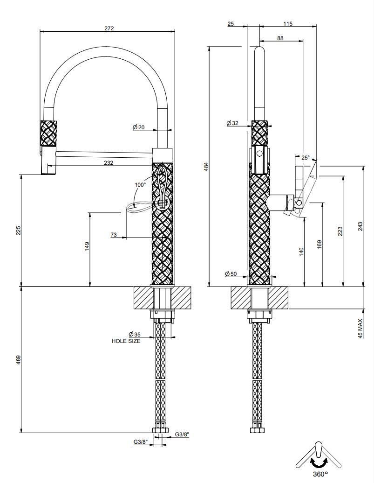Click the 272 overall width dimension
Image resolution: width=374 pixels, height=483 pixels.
(x=109, y=28)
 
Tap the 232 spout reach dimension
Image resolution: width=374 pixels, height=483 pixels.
(x=109, y=163)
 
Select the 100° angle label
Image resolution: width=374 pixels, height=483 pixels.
(x=140, y=185)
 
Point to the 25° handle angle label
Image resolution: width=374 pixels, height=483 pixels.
(x=306, y=157)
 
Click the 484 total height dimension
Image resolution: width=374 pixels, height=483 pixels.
(x=207, y=167)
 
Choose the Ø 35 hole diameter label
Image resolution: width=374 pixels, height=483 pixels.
(x=134, y=334)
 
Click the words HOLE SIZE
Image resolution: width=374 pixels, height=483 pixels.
(x=126, y=341)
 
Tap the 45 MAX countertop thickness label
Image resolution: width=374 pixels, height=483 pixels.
(x=360, y=329)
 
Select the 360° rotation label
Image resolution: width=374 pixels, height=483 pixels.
(x=320, y=474)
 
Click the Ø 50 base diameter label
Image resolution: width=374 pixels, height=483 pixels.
(x=231, y=273)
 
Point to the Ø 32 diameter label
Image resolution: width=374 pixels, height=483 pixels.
(x=232, y=123)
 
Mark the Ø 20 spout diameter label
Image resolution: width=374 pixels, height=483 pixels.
(x=139, y=127)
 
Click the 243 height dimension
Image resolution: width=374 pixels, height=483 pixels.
(x=360, y=226)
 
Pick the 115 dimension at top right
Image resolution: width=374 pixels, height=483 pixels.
(x=288, y=24)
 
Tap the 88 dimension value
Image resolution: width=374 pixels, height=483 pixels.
(x=280, y=38)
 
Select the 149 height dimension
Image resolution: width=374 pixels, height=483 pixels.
(x=87, y=246)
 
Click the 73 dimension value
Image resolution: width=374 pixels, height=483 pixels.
(x=114, y=235)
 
